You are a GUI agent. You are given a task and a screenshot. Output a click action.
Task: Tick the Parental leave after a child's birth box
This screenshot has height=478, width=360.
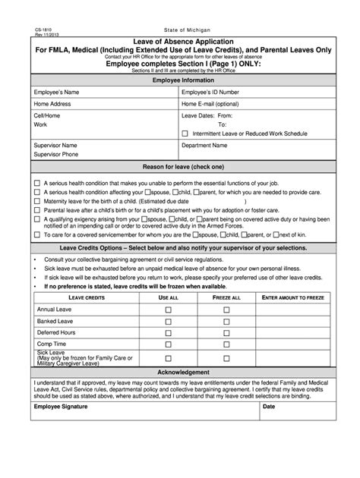pos(37,208)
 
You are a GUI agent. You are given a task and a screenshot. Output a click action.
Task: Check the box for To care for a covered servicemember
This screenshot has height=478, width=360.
pos(37,234)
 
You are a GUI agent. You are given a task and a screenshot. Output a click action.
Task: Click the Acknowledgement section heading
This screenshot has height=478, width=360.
pos(180,373)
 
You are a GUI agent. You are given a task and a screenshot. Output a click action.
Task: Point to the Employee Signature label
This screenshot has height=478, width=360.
pos(62,407)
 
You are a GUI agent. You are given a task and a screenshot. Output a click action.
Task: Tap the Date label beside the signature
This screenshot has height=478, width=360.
pos(269,407)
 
